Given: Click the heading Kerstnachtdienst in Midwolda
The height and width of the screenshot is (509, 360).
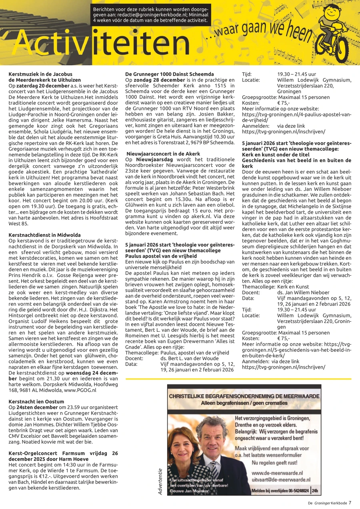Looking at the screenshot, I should (44, 235).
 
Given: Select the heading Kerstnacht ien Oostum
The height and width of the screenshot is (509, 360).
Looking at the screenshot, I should (36, 402).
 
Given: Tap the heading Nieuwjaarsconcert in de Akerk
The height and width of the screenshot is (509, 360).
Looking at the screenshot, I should (164, 154).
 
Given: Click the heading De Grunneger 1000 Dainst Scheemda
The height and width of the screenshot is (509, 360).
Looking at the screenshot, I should (170, 74).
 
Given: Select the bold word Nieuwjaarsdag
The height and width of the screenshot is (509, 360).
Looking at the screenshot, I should (152, 160).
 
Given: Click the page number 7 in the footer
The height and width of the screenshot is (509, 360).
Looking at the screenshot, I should (350, 503).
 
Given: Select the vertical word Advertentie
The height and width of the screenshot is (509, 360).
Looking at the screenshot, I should (160, 481).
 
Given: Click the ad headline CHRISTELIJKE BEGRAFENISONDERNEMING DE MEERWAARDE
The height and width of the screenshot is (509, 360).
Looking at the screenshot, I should (244, 396).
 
